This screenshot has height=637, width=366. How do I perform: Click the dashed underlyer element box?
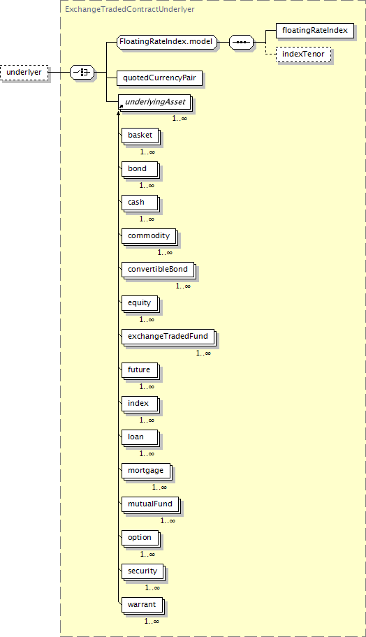24,73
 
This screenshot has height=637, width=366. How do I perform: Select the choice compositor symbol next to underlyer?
82,73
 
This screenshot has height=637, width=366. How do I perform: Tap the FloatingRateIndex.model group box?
166,42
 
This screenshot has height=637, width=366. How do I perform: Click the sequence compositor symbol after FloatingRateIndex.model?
241,42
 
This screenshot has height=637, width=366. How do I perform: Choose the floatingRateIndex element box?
315,31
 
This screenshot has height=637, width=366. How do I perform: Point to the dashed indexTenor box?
303,54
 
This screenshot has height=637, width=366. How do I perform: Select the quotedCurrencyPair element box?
160,78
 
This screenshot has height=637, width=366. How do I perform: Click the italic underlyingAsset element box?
155,103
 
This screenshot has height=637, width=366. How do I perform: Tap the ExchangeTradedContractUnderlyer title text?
130,9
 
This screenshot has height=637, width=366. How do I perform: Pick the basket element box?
140,136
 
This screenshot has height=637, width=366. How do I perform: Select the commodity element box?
149,237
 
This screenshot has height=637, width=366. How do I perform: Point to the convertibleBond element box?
159,270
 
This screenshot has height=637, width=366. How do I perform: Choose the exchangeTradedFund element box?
168,337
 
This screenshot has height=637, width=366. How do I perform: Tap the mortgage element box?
146,471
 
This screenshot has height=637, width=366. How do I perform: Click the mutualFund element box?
151,504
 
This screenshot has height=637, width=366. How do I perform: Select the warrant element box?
142,606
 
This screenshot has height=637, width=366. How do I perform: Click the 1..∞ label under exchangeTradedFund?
203,353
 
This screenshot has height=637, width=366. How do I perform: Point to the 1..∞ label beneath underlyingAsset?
180,118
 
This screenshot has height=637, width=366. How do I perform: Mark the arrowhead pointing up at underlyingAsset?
118,114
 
